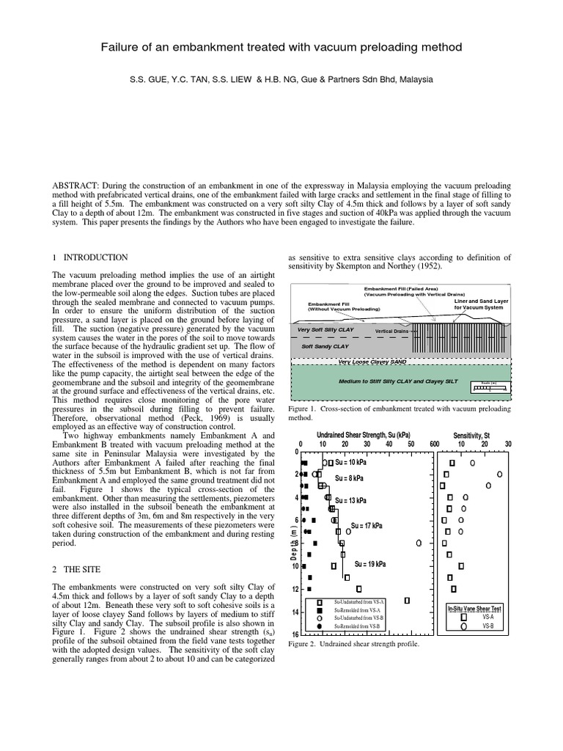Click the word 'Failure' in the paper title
click(x=120, y=48)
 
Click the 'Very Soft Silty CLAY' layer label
click(x=325, y=330)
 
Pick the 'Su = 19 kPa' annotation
click(x=370, y=564)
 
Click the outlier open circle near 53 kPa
click(x=419, y=543)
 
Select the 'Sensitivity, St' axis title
click(x=471, y=435)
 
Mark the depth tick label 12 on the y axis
click(x=294, y=589)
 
